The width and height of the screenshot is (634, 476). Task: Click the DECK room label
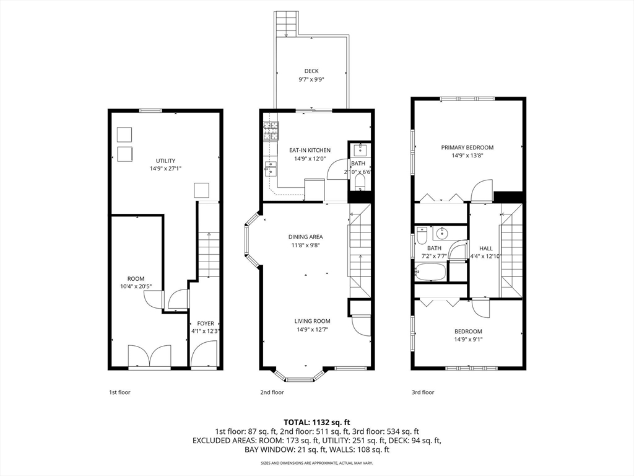(x=311, y=71)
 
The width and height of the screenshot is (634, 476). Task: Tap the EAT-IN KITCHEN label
(x=310, y=150)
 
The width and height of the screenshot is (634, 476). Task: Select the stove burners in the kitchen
(x=271, y=131)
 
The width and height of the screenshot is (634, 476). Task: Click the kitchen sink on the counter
(x=270, y=169)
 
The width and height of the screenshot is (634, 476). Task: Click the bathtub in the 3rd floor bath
(x=430, y=272)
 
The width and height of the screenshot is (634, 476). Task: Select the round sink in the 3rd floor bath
(x=442, y=233)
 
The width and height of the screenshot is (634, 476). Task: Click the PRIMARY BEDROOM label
(x=467, y=148)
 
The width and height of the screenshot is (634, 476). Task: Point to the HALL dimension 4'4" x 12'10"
(x=485, y=256)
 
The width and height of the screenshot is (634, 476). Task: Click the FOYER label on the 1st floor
(x=206, y=324)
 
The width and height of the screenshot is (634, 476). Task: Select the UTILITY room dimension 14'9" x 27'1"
(x=165, y=169)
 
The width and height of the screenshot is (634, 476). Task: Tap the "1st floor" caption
(x=119, y=392)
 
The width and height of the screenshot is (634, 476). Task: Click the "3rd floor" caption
(x=423, y=392)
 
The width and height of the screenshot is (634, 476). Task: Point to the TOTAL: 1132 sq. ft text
(x=316, y=423)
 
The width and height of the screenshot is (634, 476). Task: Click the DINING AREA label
(x=306, y=237)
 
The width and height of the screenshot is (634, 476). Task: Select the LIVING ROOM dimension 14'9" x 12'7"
(x=312, y=330)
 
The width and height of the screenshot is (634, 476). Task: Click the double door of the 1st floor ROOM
(x=150, y=356)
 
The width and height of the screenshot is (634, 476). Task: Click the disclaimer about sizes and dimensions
(x=316, y=462)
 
